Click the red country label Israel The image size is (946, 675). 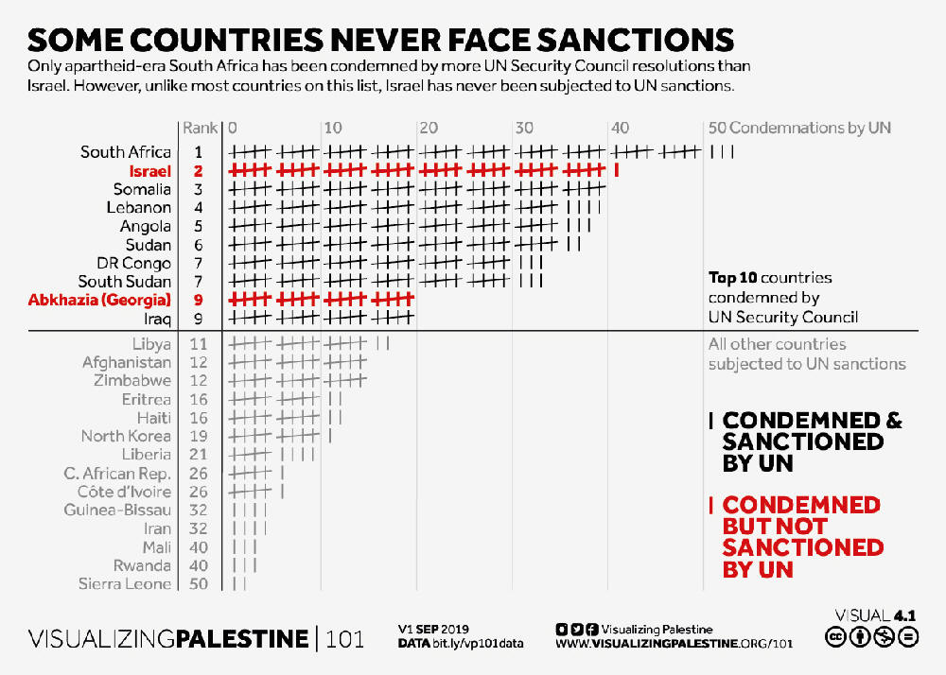coord(149,171)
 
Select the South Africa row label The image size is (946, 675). coord(126,152)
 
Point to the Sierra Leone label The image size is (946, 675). coord(125,584)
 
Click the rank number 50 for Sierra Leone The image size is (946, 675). coord(199,584)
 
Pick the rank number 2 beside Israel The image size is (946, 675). coord(199,171)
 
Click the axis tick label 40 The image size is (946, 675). coord(621,128)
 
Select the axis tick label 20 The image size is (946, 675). coord(428,128)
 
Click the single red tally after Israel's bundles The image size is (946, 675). coord(617,170)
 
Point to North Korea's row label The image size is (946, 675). coord(126,436)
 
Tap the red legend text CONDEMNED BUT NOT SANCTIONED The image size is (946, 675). coord(802,537)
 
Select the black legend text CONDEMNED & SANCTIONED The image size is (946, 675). coord(812,441)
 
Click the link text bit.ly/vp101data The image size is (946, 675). coord(482,644)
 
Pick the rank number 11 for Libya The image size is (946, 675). coord(199,344)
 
